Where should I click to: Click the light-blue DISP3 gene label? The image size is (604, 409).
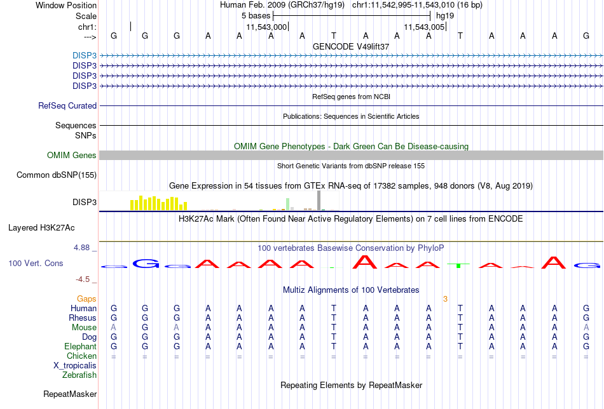[x=85, y=55]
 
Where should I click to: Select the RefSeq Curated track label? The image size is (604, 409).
[x=67, y=106]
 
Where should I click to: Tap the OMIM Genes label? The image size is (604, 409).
[x=72, y=155]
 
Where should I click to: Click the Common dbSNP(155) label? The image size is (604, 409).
[x=57, y=175]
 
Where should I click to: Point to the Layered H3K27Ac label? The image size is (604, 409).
[x=41, y=228]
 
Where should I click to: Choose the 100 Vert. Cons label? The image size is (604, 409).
[x=36, y=263]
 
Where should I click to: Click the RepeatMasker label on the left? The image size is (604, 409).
[x=70, y=394]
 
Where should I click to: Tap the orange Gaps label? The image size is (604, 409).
[x=86, y=299]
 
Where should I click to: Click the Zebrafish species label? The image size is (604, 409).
[x=79, y=375]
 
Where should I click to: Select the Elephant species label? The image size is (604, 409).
[x=81, y=347]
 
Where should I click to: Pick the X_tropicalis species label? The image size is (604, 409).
[x=75, y=366]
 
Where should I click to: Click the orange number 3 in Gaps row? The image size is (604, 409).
[x=445, y=299]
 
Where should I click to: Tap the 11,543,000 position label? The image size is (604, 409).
[x=266, y=27]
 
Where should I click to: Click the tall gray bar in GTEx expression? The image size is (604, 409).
[x=319, y=201]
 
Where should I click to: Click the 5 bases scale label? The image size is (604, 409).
[x=256, y=16]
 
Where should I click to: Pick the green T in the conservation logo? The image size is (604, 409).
[x=458, y=265]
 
